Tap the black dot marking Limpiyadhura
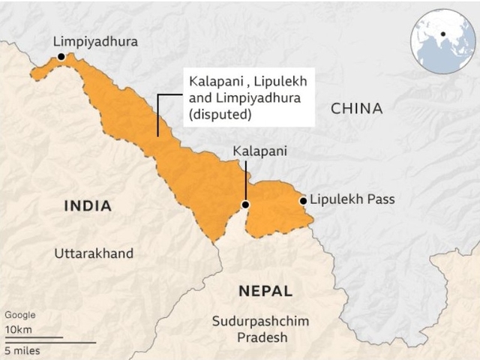coord(61,56)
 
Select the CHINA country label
coord(356,109)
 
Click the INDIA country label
coord(88,205)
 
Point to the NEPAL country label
coord(265,291)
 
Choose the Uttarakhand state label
coord(94,253)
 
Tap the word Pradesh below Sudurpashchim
coord(262,337)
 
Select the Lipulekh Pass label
coord(352,199)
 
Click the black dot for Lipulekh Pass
coord(303,200)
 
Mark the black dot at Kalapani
coord(244,205)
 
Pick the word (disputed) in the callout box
coord(220,115)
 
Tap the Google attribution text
coord(19,315)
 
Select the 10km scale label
coord(18,329)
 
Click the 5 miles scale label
coord(22,350)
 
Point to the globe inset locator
coord(443,41)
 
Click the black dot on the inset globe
coord(444,34)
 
